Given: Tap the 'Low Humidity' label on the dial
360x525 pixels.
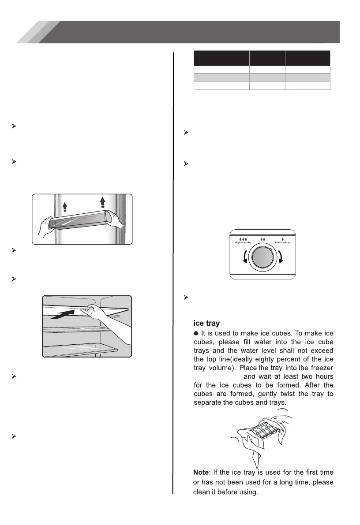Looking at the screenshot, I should tap(285, 242).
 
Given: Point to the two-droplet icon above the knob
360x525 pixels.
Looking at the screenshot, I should tap(263, 238).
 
